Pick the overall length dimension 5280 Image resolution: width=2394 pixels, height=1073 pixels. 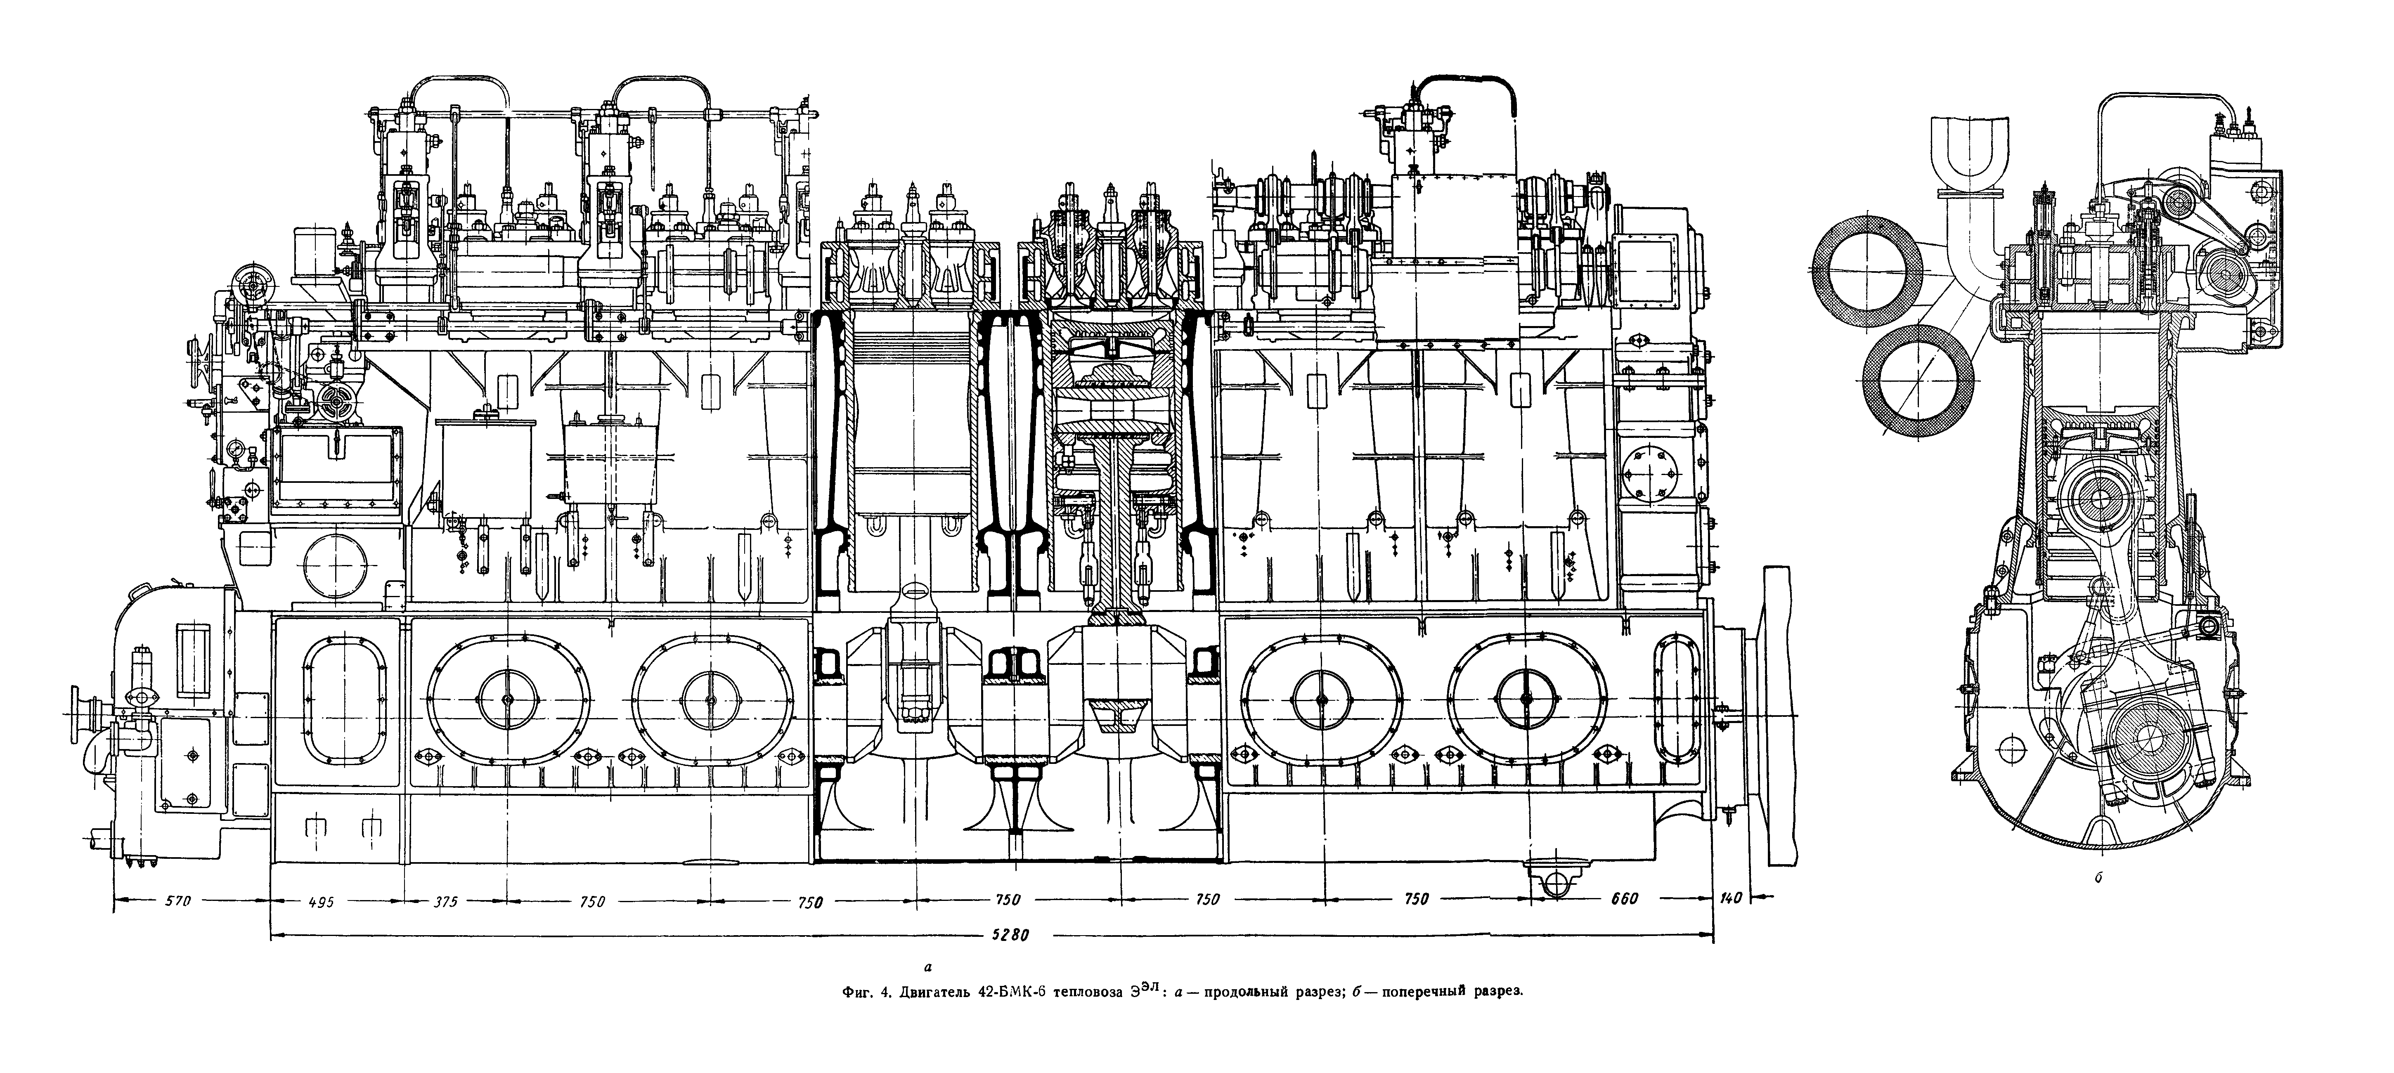pos(1008,936)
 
